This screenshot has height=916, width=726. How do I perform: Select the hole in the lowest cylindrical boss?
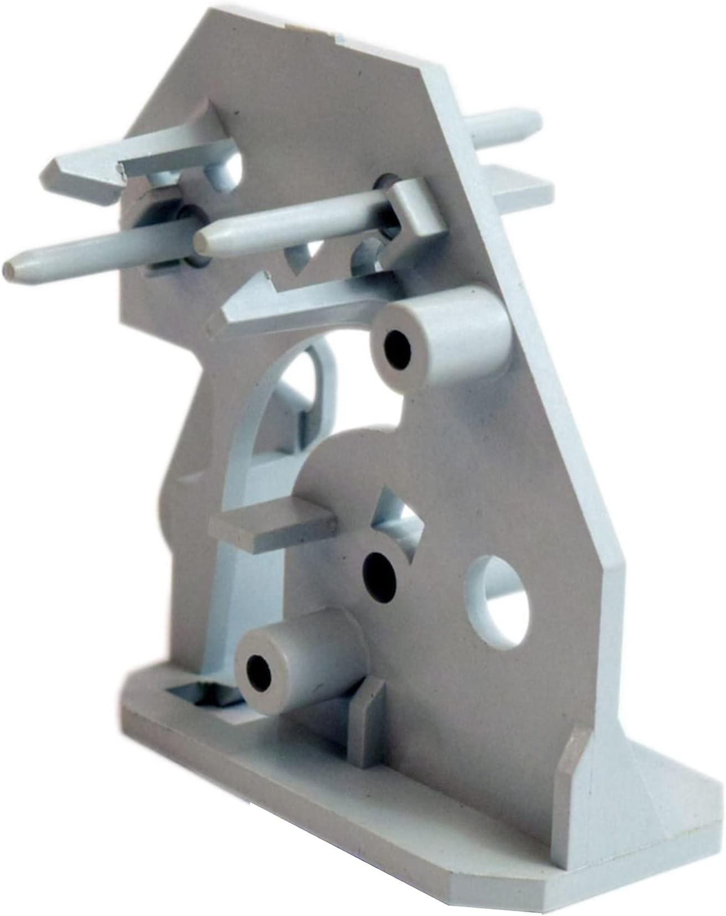click(x=258, y=671)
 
